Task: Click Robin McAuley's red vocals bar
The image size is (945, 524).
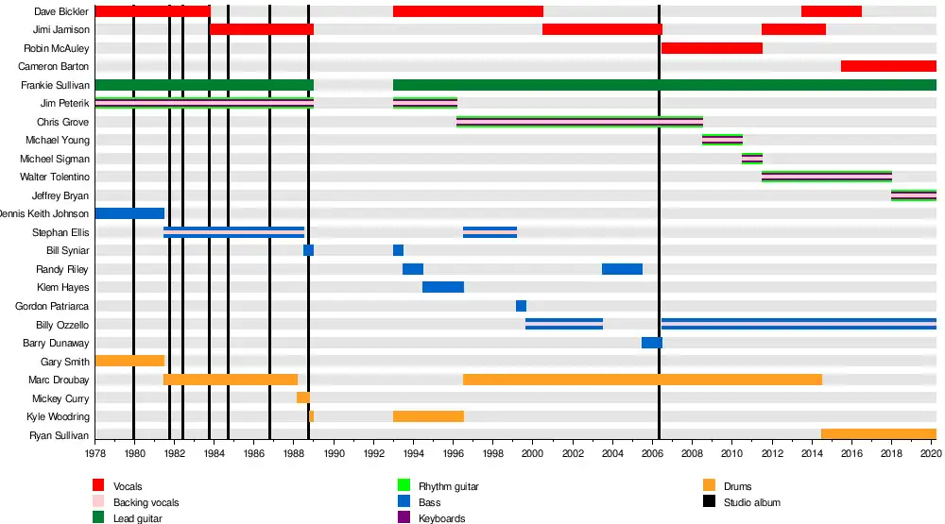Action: [x=712, y=48]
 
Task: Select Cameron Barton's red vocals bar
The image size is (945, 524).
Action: [x=888, y=66]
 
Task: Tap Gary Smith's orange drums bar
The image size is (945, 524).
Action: [x=129, y=361]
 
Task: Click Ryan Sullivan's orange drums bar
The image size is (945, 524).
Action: [x=878, y=434]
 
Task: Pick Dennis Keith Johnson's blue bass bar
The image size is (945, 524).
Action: [x=129, y=213]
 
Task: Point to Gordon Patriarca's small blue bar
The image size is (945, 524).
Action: [x=521, y=306]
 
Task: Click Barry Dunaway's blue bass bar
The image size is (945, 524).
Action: [x=651, y=343]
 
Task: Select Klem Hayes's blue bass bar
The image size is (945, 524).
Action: [x=442, y=287]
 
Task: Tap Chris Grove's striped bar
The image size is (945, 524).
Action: [x=579, y=122]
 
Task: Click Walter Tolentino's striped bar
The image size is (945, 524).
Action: [x=826, y=177]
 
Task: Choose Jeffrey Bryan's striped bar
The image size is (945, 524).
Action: [x=913, y=195]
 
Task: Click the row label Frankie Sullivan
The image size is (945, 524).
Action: [x=56, y=85]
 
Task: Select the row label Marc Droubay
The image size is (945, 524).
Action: [x=59, y=380]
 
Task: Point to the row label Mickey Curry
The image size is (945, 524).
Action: [x=60, y=398]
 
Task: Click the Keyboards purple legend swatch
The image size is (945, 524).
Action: [x=404, y=517]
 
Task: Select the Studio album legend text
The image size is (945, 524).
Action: [x=752, y=502]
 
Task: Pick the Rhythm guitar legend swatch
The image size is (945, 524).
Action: [x=404, y=486]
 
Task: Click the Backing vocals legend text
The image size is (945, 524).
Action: [x=146, y=502]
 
